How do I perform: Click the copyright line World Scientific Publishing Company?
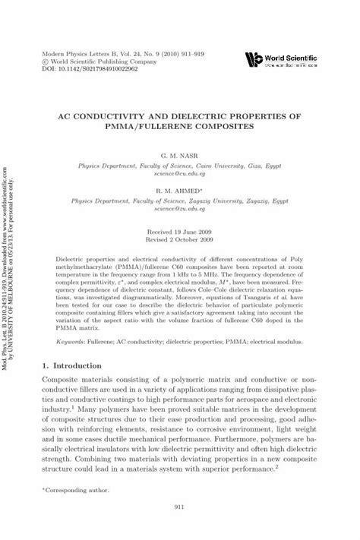(102, 58)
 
